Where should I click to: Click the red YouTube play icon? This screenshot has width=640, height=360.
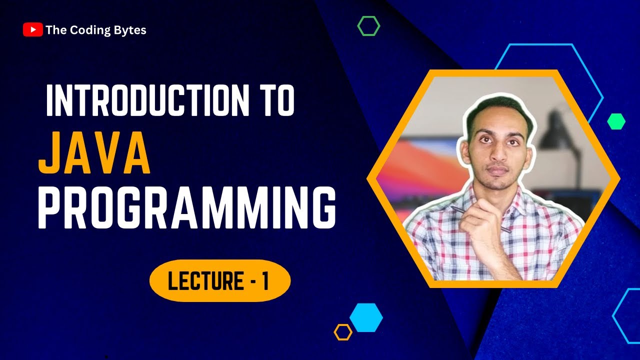pyautogui.click(x=32, y=30)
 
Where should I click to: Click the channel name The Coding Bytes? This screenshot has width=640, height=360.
pyautogui.click(x=95, y=30)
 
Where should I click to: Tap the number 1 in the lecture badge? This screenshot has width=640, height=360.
pyautogui.click(x=264, y=281)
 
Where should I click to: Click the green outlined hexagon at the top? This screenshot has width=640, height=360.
pyautogui.click(x=368, y=25)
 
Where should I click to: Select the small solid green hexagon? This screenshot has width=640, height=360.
pyautogui.click(x=616, y=121)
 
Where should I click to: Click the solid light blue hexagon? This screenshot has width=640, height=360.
pyautogui.click(x=366, y=317)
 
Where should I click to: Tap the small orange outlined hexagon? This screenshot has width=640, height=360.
pyautogui.click(x=343, y=332)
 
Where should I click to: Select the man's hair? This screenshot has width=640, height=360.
pyautogui.click(x=492, y=105)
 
